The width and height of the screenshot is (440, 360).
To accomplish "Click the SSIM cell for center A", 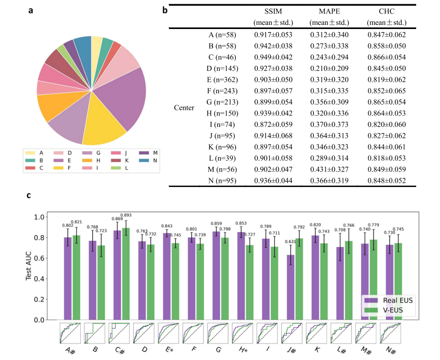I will tap(273, 35).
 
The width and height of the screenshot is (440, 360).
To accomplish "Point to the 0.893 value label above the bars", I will tap(126, 215).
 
